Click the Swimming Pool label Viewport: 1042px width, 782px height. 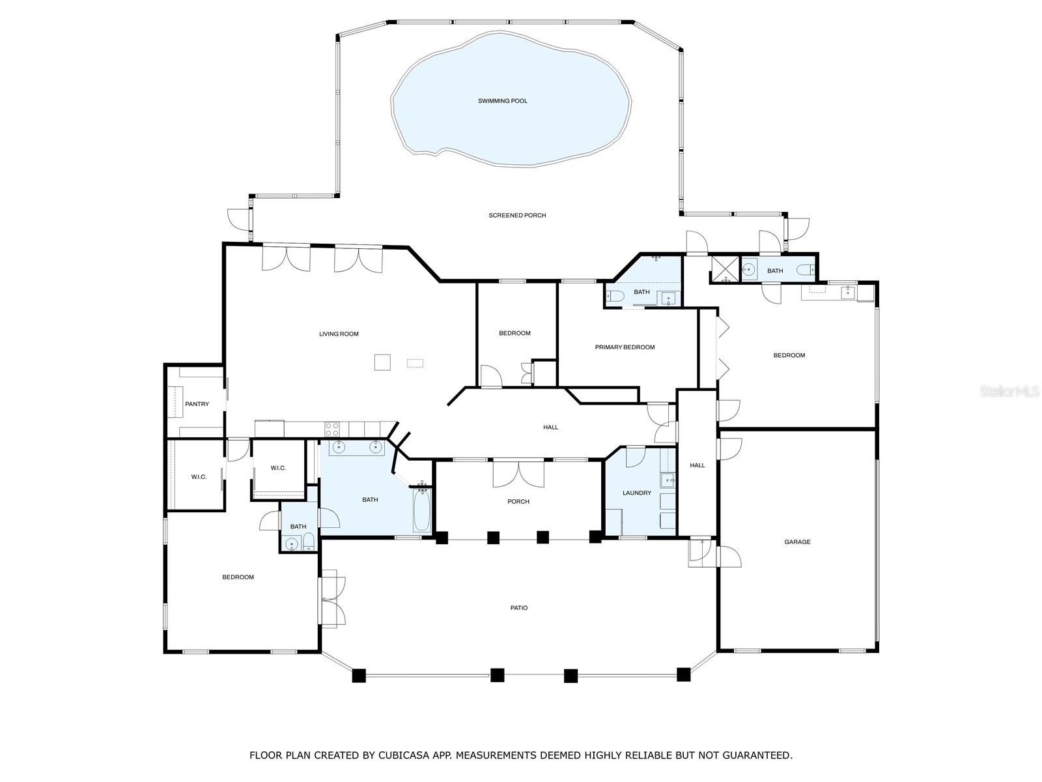502,101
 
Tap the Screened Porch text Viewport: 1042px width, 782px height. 517,215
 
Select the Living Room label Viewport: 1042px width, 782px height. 339,334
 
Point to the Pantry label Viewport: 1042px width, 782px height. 197,404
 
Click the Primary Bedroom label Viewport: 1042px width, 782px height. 625,347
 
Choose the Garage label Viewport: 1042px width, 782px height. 797,542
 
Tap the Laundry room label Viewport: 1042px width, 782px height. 636,493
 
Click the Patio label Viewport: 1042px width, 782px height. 518,608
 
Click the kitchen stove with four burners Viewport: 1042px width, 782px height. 332,429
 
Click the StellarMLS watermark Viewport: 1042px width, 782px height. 1009,392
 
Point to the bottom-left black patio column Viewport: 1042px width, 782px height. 359,675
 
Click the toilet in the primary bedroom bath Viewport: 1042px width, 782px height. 615,297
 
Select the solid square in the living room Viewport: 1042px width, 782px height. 382,362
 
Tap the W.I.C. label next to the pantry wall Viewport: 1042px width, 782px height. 199,477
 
